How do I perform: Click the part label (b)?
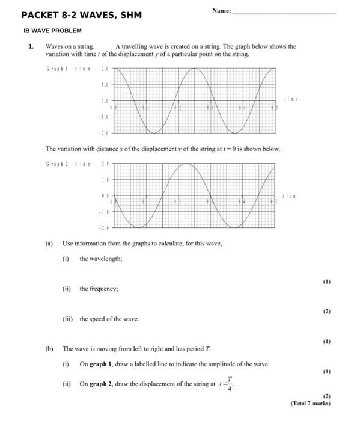49,348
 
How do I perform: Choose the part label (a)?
49,244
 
